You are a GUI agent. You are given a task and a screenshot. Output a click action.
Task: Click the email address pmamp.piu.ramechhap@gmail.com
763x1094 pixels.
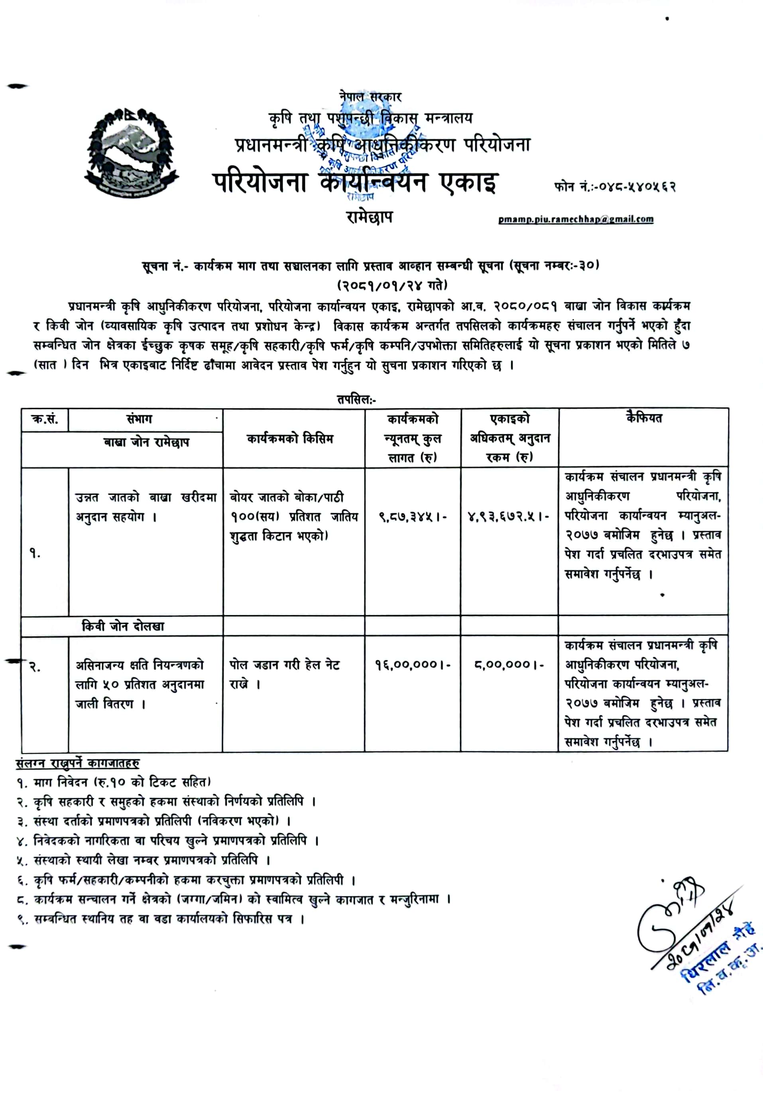575,220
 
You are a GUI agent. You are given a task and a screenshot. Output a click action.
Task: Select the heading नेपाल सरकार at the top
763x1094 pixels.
370,97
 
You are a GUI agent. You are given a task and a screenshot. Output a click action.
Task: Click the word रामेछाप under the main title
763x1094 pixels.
370,217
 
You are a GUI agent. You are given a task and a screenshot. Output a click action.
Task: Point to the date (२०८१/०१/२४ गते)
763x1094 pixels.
392,285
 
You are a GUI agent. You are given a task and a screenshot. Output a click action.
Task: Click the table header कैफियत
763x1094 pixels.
643,418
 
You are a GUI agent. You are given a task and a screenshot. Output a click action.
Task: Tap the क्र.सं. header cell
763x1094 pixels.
45,419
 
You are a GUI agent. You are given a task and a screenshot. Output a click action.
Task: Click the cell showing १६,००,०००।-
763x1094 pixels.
413,664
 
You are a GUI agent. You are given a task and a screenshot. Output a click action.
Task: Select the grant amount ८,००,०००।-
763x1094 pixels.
509,664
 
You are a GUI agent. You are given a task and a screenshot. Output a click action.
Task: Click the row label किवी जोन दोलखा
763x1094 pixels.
123,626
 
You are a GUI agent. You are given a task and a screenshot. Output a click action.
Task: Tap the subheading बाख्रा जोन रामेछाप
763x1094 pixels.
146,443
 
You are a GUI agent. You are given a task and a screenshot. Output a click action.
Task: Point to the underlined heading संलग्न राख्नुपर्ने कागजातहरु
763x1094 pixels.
78,763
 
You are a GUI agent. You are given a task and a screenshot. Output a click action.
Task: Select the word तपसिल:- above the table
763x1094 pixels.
356,399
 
